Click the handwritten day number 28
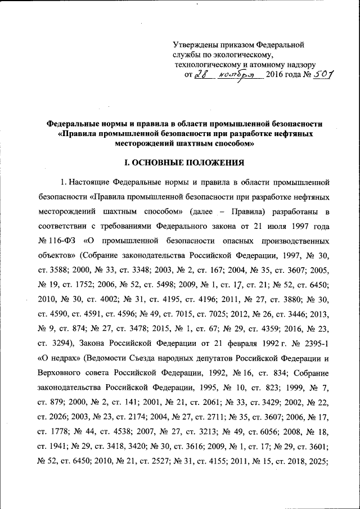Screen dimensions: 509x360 tap(200, 75)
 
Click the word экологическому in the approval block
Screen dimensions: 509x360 tap(243, 55)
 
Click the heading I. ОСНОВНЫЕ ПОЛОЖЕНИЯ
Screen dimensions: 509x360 tap(184, 163)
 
